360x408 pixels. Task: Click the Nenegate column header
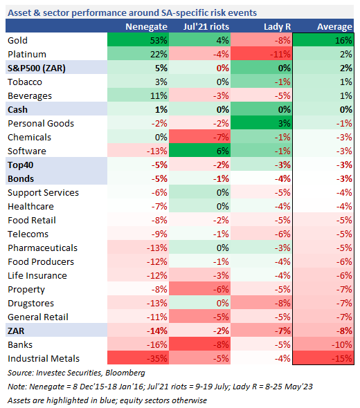coord(146,27)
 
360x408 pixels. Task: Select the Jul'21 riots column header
coord(206,26)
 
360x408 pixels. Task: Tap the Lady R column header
coord(277,26)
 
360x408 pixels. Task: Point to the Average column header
coord(334,27)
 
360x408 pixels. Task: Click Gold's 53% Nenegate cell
coord(138,40)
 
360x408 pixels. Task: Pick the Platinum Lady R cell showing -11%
coord(261,54)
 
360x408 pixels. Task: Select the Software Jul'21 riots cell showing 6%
coord(199,150)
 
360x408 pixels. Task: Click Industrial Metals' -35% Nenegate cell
coord(138,358)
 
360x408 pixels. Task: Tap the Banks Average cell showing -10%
coord(323,344)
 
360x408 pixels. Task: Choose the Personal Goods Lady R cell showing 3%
coord(261,123)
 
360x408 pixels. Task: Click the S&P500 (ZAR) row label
coord(37,68)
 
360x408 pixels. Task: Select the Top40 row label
coord(20,165)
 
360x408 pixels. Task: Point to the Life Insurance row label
coord(37,275)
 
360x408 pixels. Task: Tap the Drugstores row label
coord(30,303)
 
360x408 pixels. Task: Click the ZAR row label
coord(16,331)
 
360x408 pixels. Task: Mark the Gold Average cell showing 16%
coord(323,40)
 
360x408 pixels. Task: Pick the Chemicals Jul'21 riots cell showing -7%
coord(199,137)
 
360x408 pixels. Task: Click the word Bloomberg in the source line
coord(125,373)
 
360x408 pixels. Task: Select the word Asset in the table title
coord(19,12)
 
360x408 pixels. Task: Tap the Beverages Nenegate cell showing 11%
coord(138,95)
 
